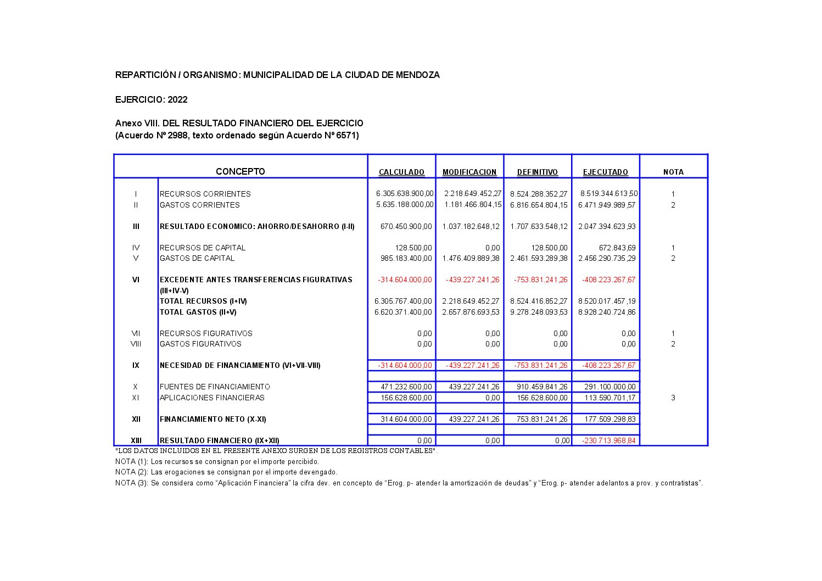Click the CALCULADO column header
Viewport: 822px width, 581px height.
pos(401,172)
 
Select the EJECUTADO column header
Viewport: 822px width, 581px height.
pos(605,172)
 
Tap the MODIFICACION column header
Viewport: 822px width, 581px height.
pos(469,172)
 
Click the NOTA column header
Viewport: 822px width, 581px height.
pos(673,172)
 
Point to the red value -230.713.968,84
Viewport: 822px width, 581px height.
pos(609,440)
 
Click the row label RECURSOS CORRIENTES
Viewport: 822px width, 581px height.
pos(205,194)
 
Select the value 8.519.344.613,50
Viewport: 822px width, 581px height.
pos(609,193)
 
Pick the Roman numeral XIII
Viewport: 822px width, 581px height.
pos(136,440)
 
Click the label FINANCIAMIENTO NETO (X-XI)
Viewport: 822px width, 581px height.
pos(213,419)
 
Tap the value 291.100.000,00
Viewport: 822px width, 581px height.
pos(609,387)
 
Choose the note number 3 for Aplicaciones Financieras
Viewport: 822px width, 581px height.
pos(673,398)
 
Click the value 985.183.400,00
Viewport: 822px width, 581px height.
pos(406,258)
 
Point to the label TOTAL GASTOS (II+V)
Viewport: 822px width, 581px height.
pos(198,312)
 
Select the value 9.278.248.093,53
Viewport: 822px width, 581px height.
pos(539,312)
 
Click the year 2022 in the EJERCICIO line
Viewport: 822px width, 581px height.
pos(177,99)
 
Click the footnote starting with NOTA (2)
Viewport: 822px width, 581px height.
pos(226,472)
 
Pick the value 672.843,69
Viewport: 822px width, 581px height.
pos(617,248)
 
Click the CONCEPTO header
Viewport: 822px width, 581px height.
pos(240,171)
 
